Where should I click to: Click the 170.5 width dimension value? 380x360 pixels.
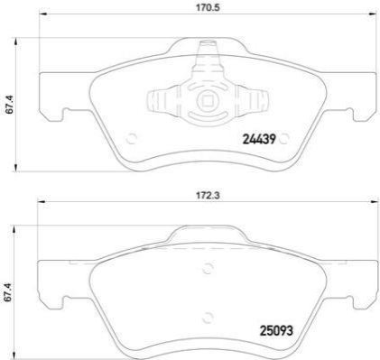(x=208, y=7)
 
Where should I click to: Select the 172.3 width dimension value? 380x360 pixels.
(x=208, y=196)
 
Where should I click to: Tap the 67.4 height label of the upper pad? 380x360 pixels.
(x=10, y=105)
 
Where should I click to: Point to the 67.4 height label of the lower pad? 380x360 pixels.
(x=10, y=292)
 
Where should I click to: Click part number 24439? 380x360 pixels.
(x=259, y=139)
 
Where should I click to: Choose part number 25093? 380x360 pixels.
(x=276, y=331)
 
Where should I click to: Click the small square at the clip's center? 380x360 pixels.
(x=207, y=101)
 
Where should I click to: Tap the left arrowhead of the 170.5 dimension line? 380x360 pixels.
(x=43, y=14)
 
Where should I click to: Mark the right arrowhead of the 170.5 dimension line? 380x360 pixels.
(x=372, y=14)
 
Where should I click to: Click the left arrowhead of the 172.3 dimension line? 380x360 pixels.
(x=42, y=202)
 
